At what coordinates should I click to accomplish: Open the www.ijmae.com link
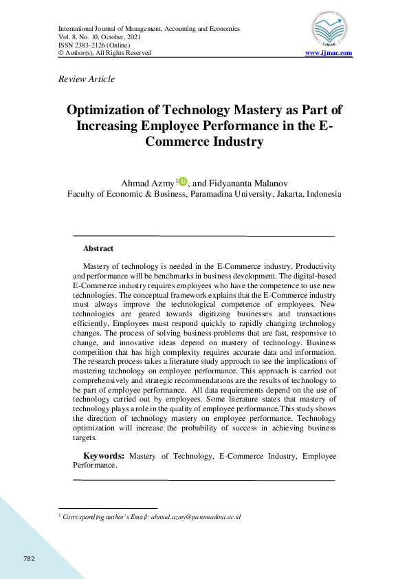[329, 53]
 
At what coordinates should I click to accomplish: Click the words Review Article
[87, 79]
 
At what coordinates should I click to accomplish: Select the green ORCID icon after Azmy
[183, 181]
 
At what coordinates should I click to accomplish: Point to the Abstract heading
[98, 248]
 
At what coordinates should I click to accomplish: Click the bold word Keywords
[104, 456]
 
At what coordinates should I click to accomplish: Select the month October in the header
[115, 37]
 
